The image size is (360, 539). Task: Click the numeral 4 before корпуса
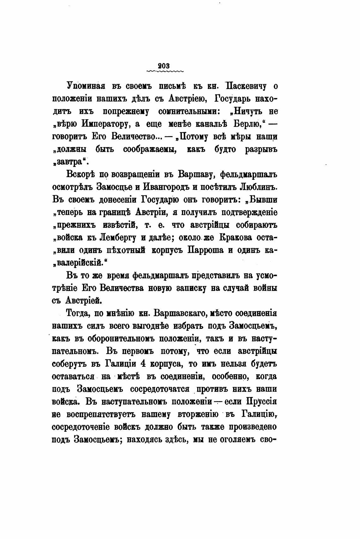click(142, 364)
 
